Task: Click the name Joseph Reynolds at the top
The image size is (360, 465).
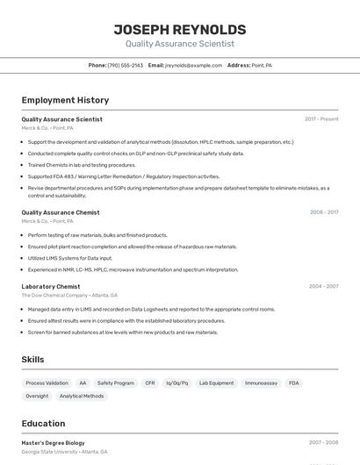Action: pyautogui.click(x=180, y=29)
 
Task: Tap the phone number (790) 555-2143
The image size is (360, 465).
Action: pyautogui.click(x=126, y=65)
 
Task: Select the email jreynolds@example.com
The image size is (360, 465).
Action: pyautogui.click(x=193, y=65)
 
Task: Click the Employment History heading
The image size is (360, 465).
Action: pyautogui.click(x=65, y=100)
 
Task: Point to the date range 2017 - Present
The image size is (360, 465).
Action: pyautogui.click(x=321, y=119)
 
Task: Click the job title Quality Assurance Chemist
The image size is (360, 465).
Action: pyautogui.click(x=61, y=212)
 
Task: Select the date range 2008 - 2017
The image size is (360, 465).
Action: pyautogui.click(x=324, y=212)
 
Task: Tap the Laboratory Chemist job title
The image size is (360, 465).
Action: pyautogui.click(x=51, y=286)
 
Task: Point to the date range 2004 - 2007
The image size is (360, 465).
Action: pyautogui.click(x=324, y=286)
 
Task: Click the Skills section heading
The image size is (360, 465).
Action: pyautogui.click(x=32, y=359)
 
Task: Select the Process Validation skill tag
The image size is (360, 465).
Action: pyautogui.click(x=47, y=383)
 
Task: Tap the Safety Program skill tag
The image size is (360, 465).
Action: pyautogui.click(x=116, y=383)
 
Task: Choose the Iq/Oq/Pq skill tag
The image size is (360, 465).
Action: pyautogui.click(x=177, y=383)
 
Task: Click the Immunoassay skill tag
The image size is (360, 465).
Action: pyautogui.click(x=261, y=383)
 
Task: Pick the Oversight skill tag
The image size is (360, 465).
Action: pyautogui.click(x=37, y=396)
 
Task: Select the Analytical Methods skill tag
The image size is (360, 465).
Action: pyautogui.click(x=82, y=396)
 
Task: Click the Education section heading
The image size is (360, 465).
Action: pyautogui.click(x=43, y=423)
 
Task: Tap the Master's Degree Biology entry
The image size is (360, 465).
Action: pyautogui.click(x=54, y=443)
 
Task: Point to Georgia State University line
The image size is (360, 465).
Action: pyautogui.click(x=65, y=452)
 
